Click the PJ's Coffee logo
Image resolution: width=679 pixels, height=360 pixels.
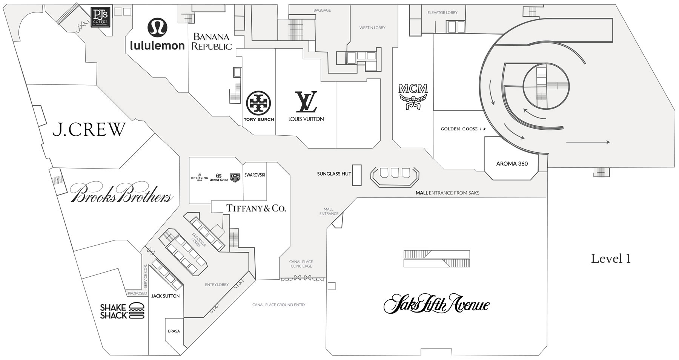coord(101,18)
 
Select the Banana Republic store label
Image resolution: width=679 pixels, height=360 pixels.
coord(211,42)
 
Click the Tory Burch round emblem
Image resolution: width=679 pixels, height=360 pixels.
coord(258,103)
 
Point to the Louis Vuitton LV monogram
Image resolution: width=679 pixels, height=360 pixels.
coord(306,102)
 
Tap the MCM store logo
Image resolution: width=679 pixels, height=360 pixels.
coord(413,97)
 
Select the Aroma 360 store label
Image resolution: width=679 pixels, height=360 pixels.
coord(512,164)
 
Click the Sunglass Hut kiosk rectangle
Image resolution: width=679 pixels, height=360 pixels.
coord(356,175)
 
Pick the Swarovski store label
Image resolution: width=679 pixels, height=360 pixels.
coord(255,175)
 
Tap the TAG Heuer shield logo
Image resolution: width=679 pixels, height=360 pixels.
coord(235,178)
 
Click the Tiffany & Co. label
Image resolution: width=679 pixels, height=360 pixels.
coord(256,208)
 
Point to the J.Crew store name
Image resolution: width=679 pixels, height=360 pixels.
coord(89,129)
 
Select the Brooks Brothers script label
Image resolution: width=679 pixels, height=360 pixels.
coord(122,193)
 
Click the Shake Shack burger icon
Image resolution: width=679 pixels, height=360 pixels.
coord(137,311)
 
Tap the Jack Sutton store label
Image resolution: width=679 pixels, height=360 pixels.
coord(165,296)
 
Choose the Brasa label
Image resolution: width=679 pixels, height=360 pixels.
coord(174,331)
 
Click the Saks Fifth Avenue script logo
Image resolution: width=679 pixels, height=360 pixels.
coord(436,305)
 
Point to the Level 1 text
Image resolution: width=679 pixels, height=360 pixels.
coord(611,259)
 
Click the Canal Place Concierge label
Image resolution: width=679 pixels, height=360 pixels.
coord(301,264)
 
